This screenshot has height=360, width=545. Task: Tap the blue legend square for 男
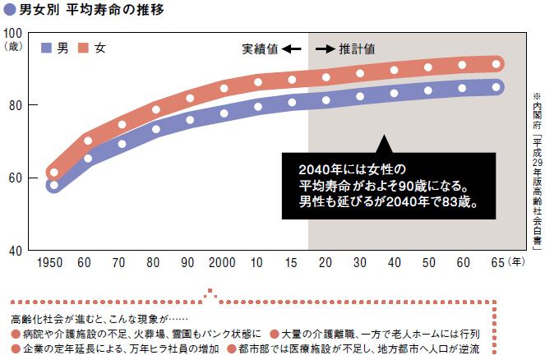tap(47, 48)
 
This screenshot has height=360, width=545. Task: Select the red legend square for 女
tap(84, 48)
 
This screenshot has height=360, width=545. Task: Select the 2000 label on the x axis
tap(224, 263)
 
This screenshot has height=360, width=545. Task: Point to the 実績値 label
tap(260, 49)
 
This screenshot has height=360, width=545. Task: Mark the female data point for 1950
tap(54, 173)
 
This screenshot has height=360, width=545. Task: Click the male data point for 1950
tap(54, 186)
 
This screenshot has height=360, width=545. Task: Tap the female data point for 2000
tap(224, 88)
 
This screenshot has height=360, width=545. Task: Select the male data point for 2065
tap(496, 87)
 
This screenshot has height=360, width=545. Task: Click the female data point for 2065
tap(496, 64)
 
